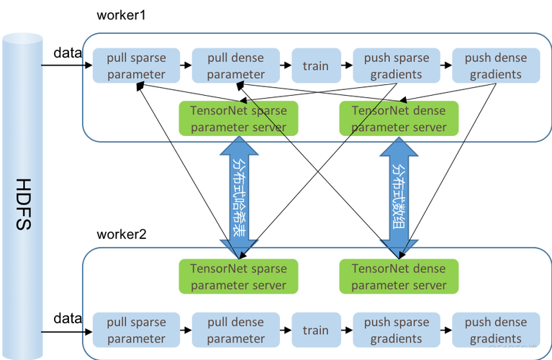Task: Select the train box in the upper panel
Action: tap(315, 66)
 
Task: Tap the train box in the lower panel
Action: tap(315, 330)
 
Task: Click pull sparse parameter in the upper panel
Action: tap(136, 66)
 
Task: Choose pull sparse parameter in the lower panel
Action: tap(136, 330)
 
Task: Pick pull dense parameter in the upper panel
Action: tap(236, 66)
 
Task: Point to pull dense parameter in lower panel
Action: tap(236, 330)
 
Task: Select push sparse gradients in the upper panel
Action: tap(396, 66)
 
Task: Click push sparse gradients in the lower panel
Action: tap(396, 330)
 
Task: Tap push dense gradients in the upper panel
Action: tap(495, 66)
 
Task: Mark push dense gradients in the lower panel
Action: tap(495, 330)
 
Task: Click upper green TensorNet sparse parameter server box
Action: tap(238, 119)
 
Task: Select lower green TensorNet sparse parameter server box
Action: tap(238, 277)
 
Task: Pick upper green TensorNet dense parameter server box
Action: tap(399, 119)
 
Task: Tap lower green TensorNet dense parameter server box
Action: tap(399, 277)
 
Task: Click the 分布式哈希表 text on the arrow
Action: tap(237, 198)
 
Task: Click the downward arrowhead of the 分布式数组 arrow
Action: tap(398, 248)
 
